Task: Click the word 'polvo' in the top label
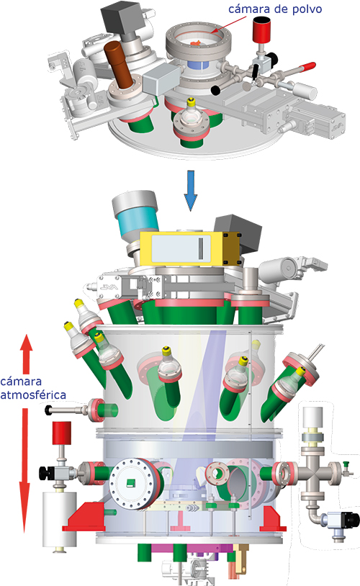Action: click(x=307, y=9)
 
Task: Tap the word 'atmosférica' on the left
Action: click(x=33, y=395)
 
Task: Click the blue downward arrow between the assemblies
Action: click(x=191, y=191)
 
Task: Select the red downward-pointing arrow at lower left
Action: click(x=24, y=470)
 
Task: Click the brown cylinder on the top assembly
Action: click(x=118, y=63)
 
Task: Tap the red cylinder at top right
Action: click(x=261, y=29)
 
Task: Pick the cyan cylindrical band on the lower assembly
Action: click(x=138, y=223)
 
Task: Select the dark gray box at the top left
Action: click(x=120, y=18)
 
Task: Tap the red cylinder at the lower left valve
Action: click(x=62, y=433)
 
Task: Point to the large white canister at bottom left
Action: click(x=60, y=520)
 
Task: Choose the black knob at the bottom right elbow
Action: click(x=352, y=520)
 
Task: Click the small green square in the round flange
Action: click(x=131, y=483)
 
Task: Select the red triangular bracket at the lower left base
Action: click(x=84, y=517)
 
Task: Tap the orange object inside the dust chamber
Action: click(x=197, y=43)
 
